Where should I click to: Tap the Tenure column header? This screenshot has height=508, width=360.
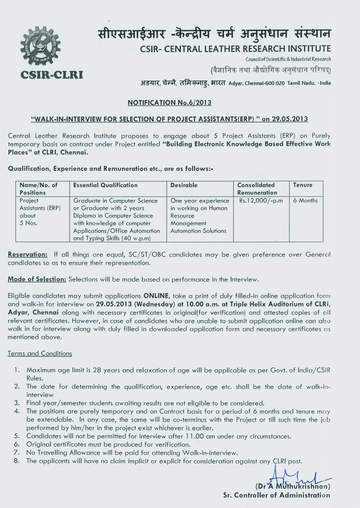pyautogui.click(x=303, y=185)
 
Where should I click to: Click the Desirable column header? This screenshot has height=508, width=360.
pyautogui.click(x=184, y=185)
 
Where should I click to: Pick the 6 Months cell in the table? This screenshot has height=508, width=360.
pyautogui.click(x=305, y=201)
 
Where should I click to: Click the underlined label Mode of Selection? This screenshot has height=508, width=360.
pyautogui.click(x=37, y=279)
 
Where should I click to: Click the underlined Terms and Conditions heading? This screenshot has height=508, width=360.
pyautogui.click(x=40, y=353)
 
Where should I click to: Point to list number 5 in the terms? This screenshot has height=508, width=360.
pyautogui.click(x=17, y=436)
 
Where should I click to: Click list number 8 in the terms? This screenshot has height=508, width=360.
pyautogui.click(x=17, y=461)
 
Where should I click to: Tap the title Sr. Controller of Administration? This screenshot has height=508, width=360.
pyautogui.click(x=276, y=495)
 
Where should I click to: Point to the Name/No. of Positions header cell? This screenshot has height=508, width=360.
pyautogui.click(x=38, y=188)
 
